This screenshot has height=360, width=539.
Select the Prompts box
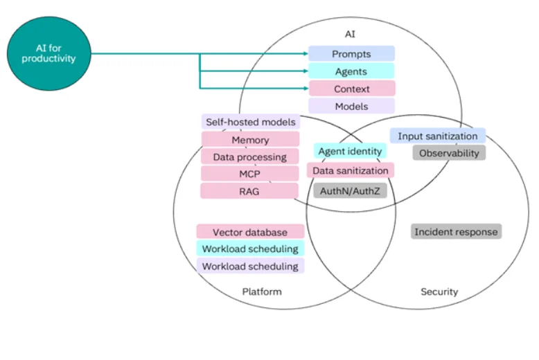351,53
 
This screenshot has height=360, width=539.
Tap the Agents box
351,71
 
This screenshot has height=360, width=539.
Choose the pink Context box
351,89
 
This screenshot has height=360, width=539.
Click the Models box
351,106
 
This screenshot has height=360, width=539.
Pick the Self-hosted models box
250,122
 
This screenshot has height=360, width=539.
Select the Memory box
250,140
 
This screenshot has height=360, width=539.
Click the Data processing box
250,157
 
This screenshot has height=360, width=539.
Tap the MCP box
250,174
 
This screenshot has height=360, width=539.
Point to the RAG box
250,191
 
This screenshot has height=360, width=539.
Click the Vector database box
250,232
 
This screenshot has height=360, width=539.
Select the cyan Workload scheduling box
250,249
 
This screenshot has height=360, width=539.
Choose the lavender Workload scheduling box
250,266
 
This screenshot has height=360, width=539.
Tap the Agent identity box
350,151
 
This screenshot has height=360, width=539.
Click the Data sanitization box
350,170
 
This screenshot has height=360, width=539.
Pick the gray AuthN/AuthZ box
350,190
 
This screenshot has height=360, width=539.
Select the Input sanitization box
437,136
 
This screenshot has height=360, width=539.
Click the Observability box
449,152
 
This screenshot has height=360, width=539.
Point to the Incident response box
456,232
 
